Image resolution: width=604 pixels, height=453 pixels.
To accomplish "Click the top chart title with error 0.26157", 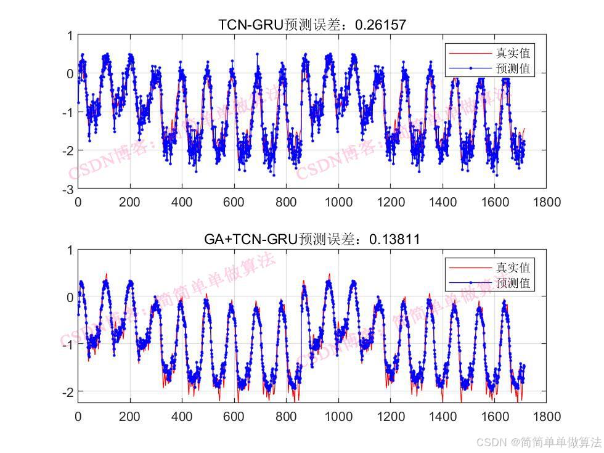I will tap(312, 25).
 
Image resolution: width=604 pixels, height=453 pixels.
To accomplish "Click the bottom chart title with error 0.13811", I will tap(312, 239).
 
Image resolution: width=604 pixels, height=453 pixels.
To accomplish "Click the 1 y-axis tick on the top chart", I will tap(70, 36).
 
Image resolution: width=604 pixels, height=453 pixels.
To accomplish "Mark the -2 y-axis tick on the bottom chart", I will tap(68, 391).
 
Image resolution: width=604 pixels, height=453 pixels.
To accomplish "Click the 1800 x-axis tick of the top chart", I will tap(547, 202).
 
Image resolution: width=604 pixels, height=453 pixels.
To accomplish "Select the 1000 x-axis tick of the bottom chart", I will tap(338, 416).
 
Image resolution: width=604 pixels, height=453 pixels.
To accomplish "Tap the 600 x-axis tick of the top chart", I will tap(234, 202).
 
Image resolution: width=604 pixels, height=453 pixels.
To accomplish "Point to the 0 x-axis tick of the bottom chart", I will tap(78, 416).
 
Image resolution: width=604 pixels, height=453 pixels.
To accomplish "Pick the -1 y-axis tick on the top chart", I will tap(68, 112).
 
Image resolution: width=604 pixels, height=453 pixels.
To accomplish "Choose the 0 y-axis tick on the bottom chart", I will tap(70, 297).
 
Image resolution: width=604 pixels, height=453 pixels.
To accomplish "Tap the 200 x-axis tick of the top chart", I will tap(130, 202).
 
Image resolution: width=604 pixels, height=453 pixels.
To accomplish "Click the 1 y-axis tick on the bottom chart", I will tap(70, 250).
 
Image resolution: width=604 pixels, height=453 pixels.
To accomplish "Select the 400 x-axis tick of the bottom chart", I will tap(182, 416).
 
